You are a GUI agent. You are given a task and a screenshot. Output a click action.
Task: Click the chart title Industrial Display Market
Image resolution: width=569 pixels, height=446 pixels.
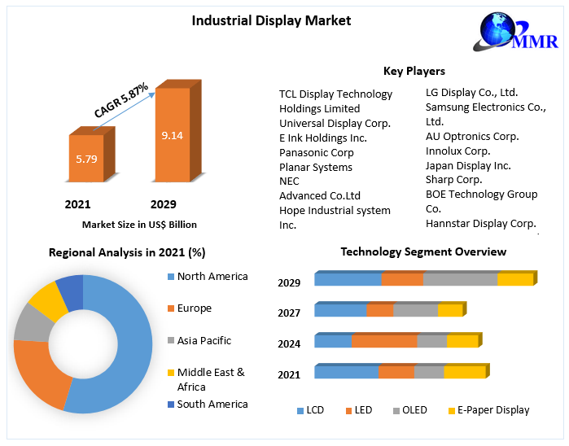271,20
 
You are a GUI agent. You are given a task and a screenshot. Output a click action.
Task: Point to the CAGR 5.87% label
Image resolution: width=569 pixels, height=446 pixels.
120,100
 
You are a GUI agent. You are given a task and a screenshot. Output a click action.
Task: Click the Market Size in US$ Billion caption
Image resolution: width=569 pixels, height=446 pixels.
139,224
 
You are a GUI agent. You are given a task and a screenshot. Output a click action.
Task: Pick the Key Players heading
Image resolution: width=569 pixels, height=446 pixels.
414,71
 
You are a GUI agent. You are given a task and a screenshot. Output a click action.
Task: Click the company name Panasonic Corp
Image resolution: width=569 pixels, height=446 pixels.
316,152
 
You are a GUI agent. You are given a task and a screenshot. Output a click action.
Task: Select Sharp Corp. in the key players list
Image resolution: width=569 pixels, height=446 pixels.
453,179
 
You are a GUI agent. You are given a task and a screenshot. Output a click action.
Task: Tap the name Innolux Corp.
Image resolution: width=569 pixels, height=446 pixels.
457,151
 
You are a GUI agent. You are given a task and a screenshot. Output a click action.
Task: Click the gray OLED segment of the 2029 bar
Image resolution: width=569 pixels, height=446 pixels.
460,280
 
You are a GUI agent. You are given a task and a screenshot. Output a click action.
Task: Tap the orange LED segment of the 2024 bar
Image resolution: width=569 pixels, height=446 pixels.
383,341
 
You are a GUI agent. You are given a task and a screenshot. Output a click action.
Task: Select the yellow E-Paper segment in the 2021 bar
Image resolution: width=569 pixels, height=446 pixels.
464,372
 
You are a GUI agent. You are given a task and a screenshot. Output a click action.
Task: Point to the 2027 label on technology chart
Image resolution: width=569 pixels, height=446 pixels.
289,313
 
